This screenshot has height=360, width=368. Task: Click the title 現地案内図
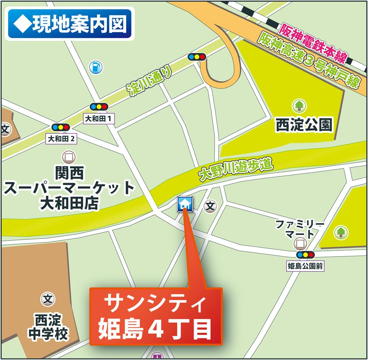coord(70,24)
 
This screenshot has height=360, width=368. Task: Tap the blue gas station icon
coord(96,67)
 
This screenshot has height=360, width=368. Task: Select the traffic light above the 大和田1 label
coord(99,107)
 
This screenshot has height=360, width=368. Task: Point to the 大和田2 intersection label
coord(61,139)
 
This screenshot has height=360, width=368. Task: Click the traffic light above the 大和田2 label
coord(61,128)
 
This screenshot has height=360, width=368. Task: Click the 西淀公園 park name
coord(304,125)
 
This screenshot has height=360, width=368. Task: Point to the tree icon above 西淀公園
coord(299,106)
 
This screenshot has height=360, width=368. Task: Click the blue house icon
coord(184,204)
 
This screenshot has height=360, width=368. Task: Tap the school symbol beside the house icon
coord(210,206)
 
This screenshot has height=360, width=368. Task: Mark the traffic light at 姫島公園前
coord(305,254)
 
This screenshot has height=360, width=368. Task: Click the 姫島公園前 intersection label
coord(305,267)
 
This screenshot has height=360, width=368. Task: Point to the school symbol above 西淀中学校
coord(47,299)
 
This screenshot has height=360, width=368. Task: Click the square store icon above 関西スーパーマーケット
coord(68,157)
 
